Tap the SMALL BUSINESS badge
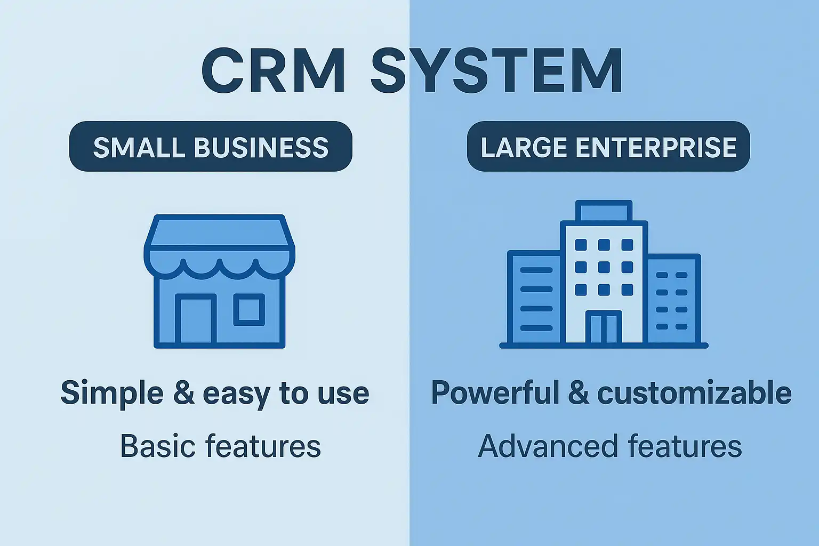click(211, 147)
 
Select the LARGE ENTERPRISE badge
click(608, 147)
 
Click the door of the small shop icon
click(196, 320)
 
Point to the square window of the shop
click(249, 310)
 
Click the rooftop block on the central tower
click(604, 211)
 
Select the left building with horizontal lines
click(535, 299)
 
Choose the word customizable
click(694, 394)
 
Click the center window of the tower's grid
click(604, 267)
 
